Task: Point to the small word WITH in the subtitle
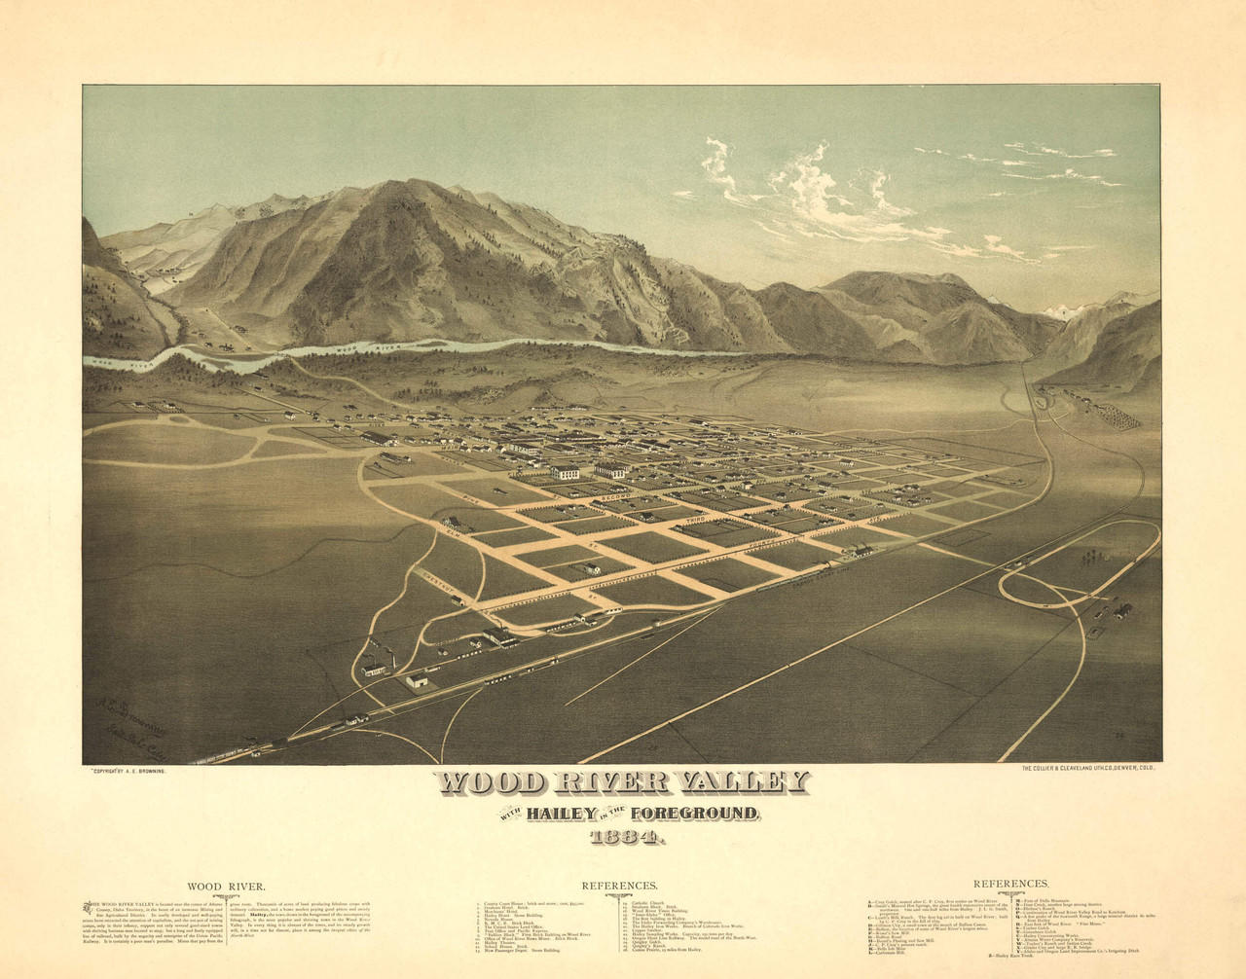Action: [x=513, y=813]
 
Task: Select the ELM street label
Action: [x=454, y=532]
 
